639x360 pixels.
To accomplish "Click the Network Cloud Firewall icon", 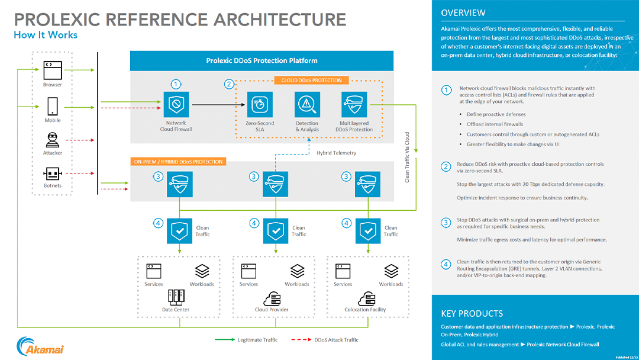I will tap(176, 104).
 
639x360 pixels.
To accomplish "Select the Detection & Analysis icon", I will tap(307, 104).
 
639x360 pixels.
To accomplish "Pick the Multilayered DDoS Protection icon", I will tap(354, 104).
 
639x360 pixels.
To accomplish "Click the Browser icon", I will tap(53, 70).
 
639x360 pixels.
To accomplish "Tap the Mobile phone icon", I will tap(53, 106).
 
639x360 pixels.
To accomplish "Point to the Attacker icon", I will tap(53, 140).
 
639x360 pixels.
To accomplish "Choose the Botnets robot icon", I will tap(53, 173).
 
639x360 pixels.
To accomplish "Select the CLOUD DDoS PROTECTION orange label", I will tap(311, 81).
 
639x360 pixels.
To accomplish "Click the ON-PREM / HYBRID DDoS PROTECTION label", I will tap(177, 162).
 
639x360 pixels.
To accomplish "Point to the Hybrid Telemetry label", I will tap(336, 153).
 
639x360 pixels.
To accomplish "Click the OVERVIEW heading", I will tap(463, 13).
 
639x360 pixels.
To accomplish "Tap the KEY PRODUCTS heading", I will tap(472, 314).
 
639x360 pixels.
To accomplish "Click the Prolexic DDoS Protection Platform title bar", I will tap(262, 60).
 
